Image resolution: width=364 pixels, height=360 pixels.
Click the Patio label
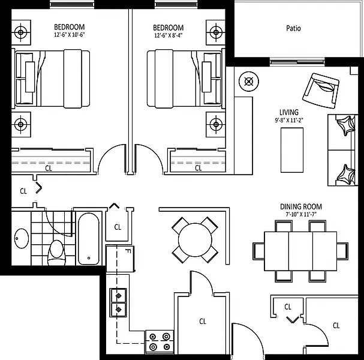click(293, 28)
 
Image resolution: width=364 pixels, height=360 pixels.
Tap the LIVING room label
click(288, 112)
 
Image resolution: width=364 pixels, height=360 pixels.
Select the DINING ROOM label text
click(301, 206)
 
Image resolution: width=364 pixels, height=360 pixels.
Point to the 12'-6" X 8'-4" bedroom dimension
click(168, 35)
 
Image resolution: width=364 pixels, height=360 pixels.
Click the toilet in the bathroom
click(56, 250)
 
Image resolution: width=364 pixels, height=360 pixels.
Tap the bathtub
click(90, 238)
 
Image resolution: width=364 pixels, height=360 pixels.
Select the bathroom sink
click(20, 238)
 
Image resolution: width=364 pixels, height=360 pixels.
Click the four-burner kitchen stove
click(160, 342)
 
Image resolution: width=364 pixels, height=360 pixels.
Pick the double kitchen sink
click(118, 302)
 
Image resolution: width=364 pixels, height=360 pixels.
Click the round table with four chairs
click(195, 239)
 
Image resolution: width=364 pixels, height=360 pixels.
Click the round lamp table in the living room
click(248, 81)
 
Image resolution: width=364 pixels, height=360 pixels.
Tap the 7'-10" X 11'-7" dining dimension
click(301, 214)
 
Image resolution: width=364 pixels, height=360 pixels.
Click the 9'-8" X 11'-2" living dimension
click(288, 120)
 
